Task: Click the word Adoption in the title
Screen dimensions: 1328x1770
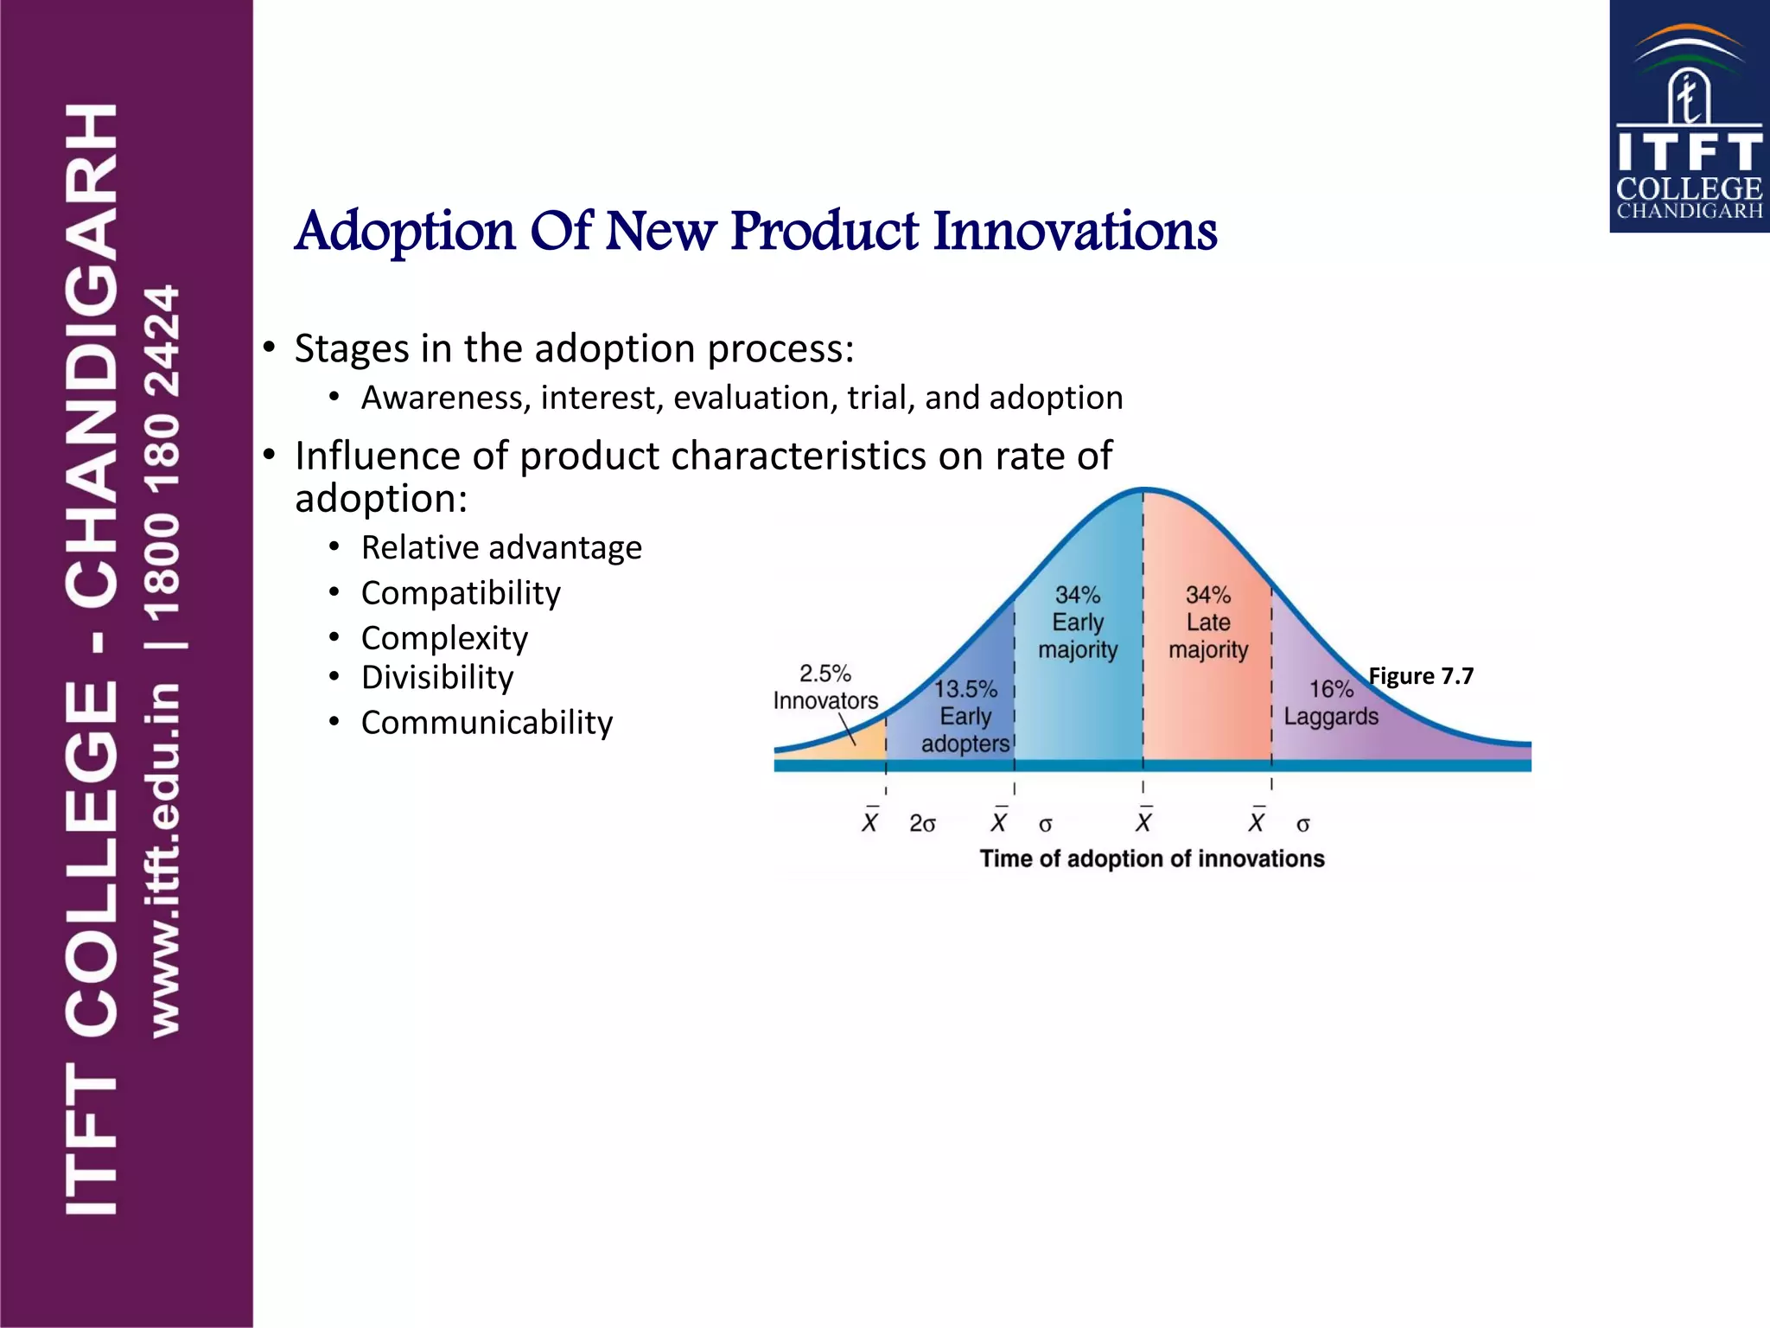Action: [x=404, y=232]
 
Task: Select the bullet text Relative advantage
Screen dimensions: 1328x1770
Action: [x=501, y=547]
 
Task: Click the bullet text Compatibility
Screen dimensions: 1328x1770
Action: [x=461, y=593]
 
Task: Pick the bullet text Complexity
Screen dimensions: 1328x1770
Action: [x=444, y=638]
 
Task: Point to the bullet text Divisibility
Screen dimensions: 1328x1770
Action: [x=437, y=677]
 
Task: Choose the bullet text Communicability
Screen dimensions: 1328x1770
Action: [x=487, y=723]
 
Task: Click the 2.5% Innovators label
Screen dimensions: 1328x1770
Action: [x=825, y=687]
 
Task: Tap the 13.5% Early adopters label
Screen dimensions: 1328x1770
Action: [x=965, y=716]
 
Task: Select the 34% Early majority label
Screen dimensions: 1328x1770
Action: [x=1078, y=622]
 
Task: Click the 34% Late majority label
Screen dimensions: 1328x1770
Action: [x=1208, y=622]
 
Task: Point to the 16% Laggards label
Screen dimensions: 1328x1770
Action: [x=1331, y=703]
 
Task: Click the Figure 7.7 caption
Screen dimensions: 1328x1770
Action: [x=1421, y=676]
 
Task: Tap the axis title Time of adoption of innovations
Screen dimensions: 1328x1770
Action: [x=1151, y=859]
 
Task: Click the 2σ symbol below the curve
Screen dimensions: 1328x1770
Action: [x=922, y=824]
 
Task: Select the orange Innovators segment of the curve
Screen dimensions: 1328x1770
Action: [x=851, y=747]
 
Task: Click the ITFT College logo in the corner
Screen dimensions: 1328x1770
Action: [x=1689, y=117]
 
